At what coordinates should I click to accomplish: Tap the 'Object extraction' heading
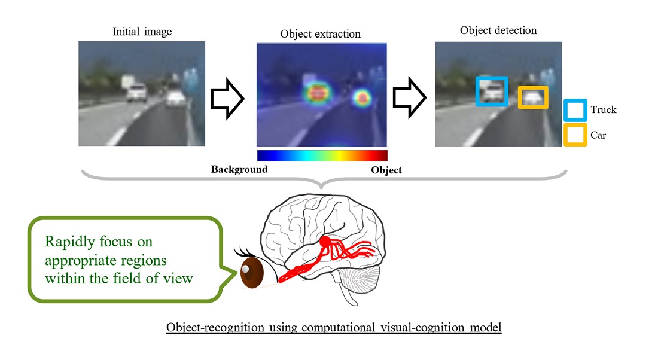320,34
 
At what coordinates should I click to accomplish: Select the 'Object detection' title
498,30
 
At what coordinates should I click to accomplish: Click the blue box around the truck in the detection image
492,91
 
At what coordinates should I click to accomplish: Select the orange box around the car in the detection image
532,97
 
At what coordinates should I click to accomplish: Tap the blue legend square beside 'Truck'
575,111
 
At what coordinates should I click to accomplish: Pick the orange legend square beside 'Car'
575,135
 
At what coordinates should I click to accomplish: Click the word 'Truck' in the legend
603,110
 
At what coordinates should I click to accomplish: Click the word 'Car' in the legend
598,135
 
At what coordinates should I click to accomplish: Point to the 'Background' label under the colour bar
239,169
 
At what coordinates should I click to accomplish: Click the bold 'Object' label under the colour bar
386,170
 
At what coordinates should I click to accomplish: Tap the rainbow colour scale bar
322,155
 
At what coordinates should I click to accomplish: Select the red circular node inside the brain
325,242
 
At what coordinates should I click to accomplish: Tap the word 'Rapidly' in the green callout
68,242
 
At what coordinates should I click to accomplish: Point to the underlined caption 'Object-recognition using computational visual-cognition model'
333,328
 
